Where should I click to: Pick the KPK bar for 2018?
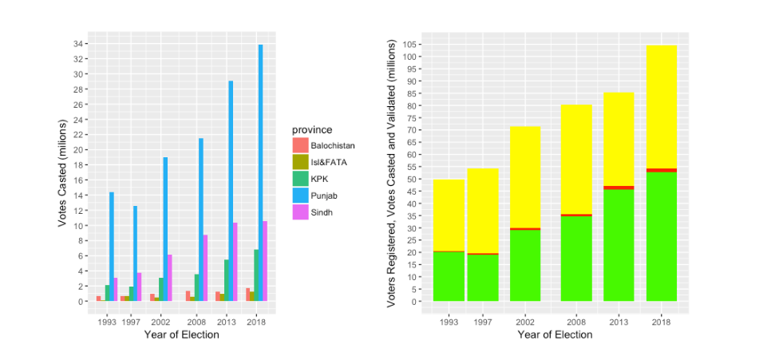[255, 275]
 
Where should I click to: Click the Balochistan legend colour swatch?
[300, 146]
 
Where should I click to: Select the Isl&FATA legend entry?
[327, 163]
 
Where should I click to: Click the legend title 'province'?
[312, 129]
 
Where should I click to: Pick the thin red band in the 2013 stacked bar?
[619, 188]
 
